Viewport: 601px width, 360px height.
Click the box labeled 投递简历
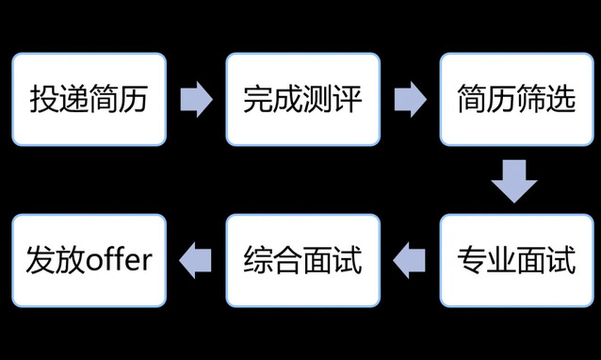pyautogui.click(x=89, y=99)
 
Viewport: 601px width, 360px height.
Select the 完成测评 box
pyautogui.click(x=302, y=99)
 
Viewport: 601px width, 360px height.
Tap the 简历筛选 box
pyautogui.click(x=516, y=99)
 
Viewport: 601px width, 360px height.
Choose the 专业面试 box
pyautogui.click(x=516, y=261)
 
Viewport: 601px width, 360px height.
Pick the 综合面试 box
pyautogui.click(x=302, y=261)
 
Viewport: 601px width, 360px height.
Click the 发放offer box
pyautogui.click(x=89, y=261)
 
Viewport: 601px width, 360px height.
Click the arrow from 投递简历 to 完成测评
pyautogui.click(x=196, y=99)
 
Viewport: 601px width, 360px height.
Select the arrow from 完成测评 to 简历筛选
pyautogui.click(x=410, y=99)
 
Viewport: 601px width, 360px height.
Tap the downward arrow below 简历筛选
pyautogui.click(x=514, y=181)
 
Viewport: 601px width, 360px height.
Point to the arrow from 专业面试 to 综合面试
pyautogui.click(x=409, y=261)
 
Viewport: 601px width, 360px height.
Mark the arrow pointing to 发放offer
pyautogui.click(x=195, y=261)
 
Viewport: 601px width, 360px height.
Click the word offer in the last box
pyautogui.click(x=120, y=259)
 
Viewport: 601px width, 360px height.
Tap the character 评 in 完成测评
pyautogui.click(x=348, y=99)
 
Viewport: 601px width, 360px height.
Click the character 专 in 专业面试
pyautogui.click(x=472, y=260)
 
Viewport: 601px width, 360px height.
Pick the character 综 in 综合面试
pyautogui.click(x=258, y=260)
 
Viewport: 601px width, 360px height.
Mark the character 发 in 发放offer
pyautogui.click(x=41, y=260)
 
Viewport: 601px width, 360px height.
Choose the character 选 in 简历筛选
pyautogui.click(x=561, y=99)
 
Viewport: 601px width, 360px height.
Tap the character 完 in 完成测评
pyautogui.click(x=258, y=99)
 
